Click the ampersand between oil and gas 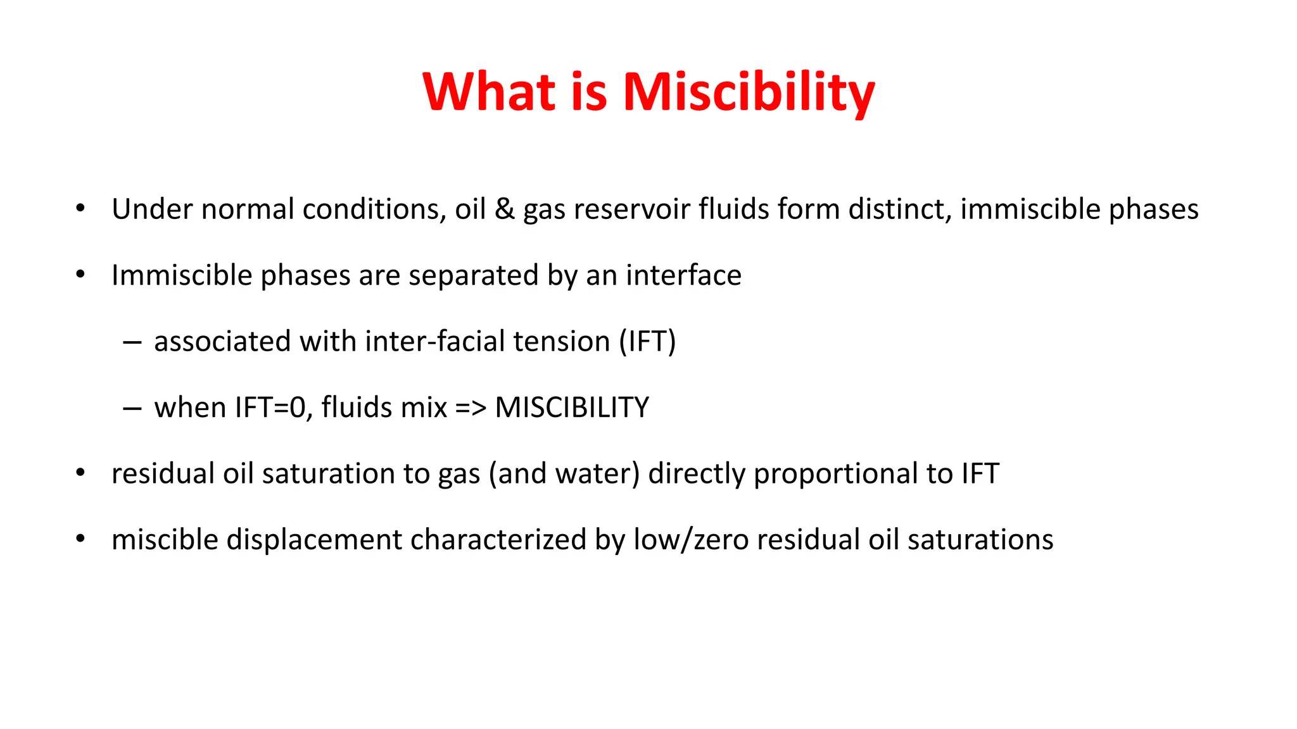[x=504, y=209]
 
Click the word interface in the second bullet [x=683, y=276]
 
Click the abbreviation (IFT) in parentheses [x=647, y=342]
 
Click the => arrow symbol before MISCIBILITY [x=471, y=408]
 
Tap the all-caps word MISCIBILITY [x=571, y=408]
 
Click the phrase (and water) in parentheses [x=564, y=474]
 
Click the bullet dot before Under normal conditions [x=80, y=208]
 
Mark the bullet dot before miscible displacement [x=80, y=539]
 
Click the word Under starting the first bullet [x=152, y=209]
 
